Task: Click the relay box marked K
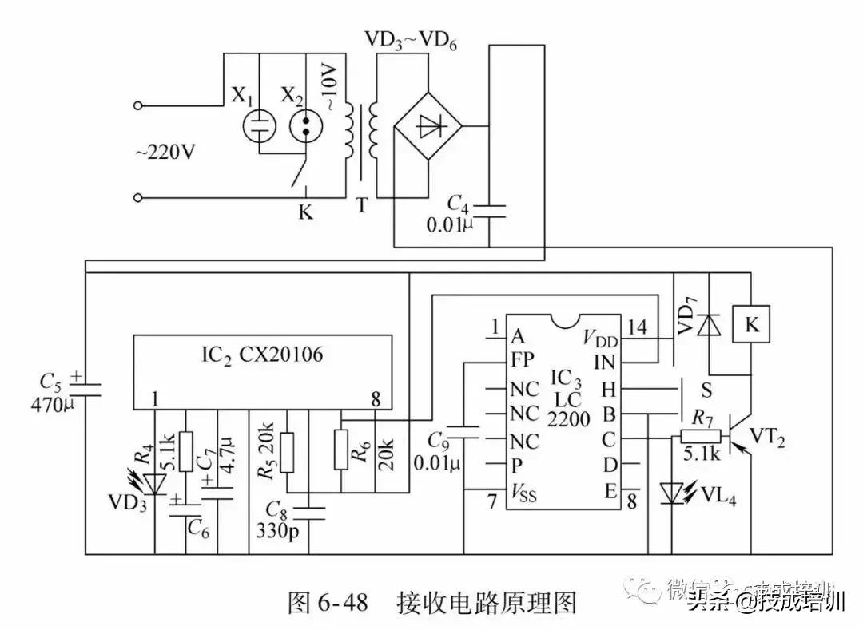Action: (752, 325)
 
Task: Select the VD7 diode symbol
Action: (706, 325)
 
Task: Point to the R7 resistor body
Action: (700, 436)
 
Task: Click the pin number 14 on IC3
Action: (637, 327)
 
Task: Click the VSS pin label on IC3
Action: (523, 494)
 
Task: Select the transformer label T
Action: (362, 206)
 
